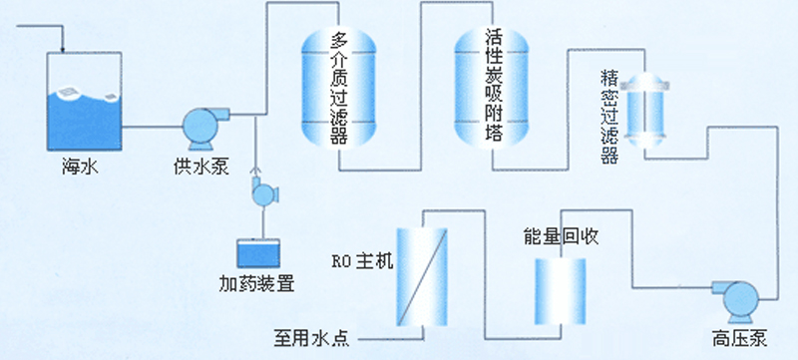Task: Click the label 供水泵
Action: pos(200,166)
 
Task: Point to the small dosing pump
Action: pos(264,192)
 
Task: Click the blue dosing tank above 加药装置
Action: pos(256,253)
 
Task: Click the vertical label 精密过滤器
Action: pos(609,117)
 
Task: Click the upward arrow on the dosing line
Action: pos(257,170)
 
